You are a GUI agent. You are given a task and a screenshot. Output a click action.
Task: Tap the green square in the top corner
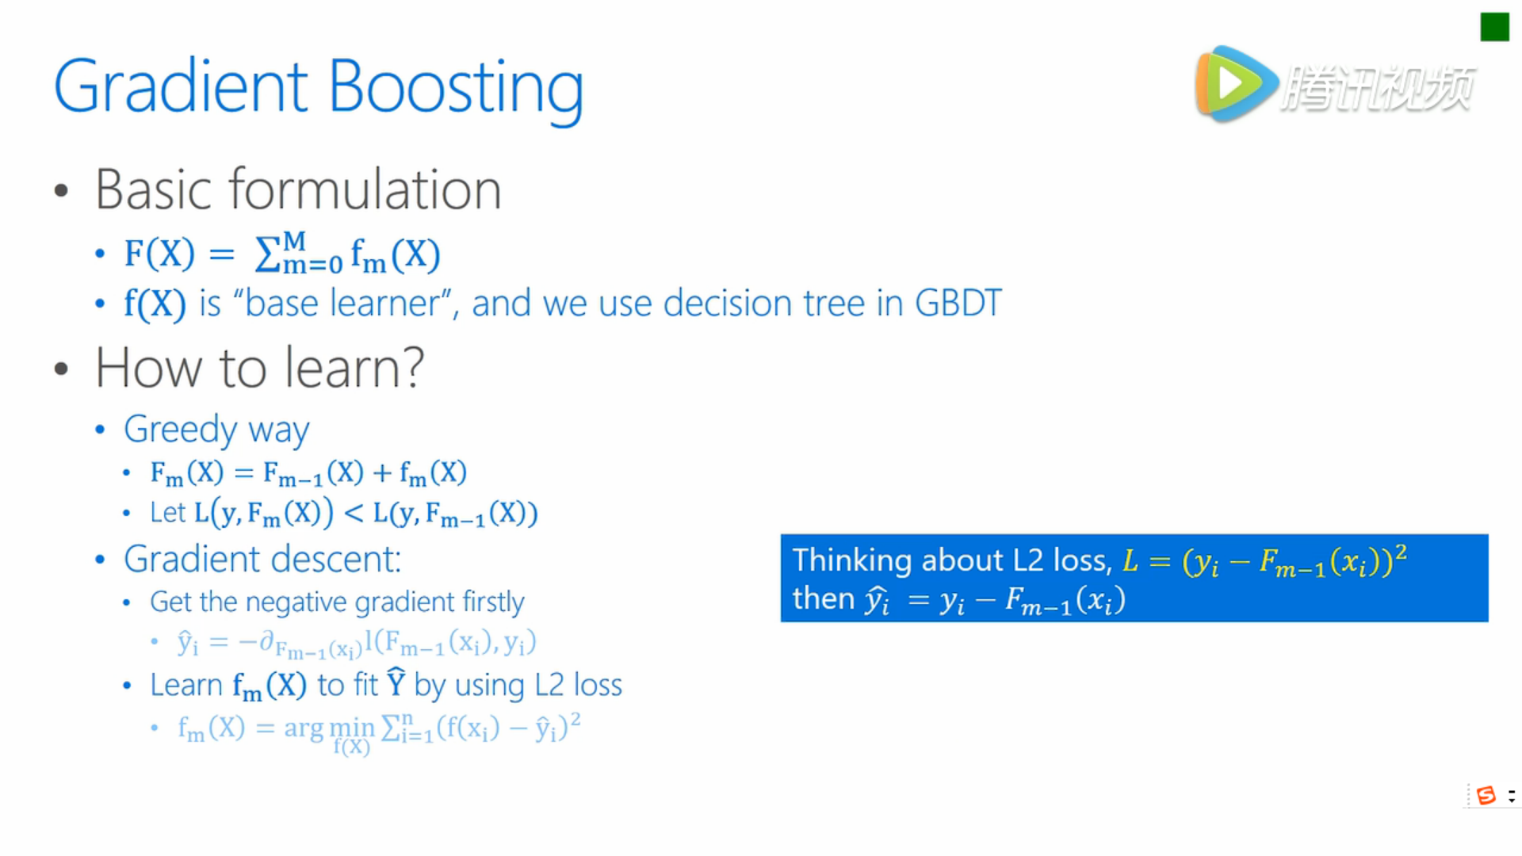pos(1494,27)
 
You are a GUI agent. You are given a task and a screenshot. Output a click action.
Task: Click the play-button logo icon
pos(1236,83)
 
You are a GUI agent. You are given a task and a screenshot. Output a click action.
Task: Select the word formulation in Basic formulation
pos(365,190)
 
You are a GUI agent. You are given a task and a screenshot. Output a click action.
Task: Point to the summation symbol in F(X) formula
pos(268,254)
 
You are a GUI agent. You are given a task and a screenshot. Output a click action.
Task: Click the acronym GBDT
pos(958,303)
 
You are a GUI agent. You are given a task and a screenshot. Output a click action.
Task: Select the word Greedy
pos(181,430)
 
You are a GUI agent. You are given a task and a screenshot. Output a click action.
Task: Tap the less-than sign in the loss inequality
pos(354,514)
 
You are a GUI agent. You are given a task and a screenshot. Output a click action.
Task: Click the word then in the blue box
pos(824,598)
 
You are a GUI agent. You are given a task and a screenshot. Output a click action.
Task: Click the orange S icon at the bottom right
pos(1486,795)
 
